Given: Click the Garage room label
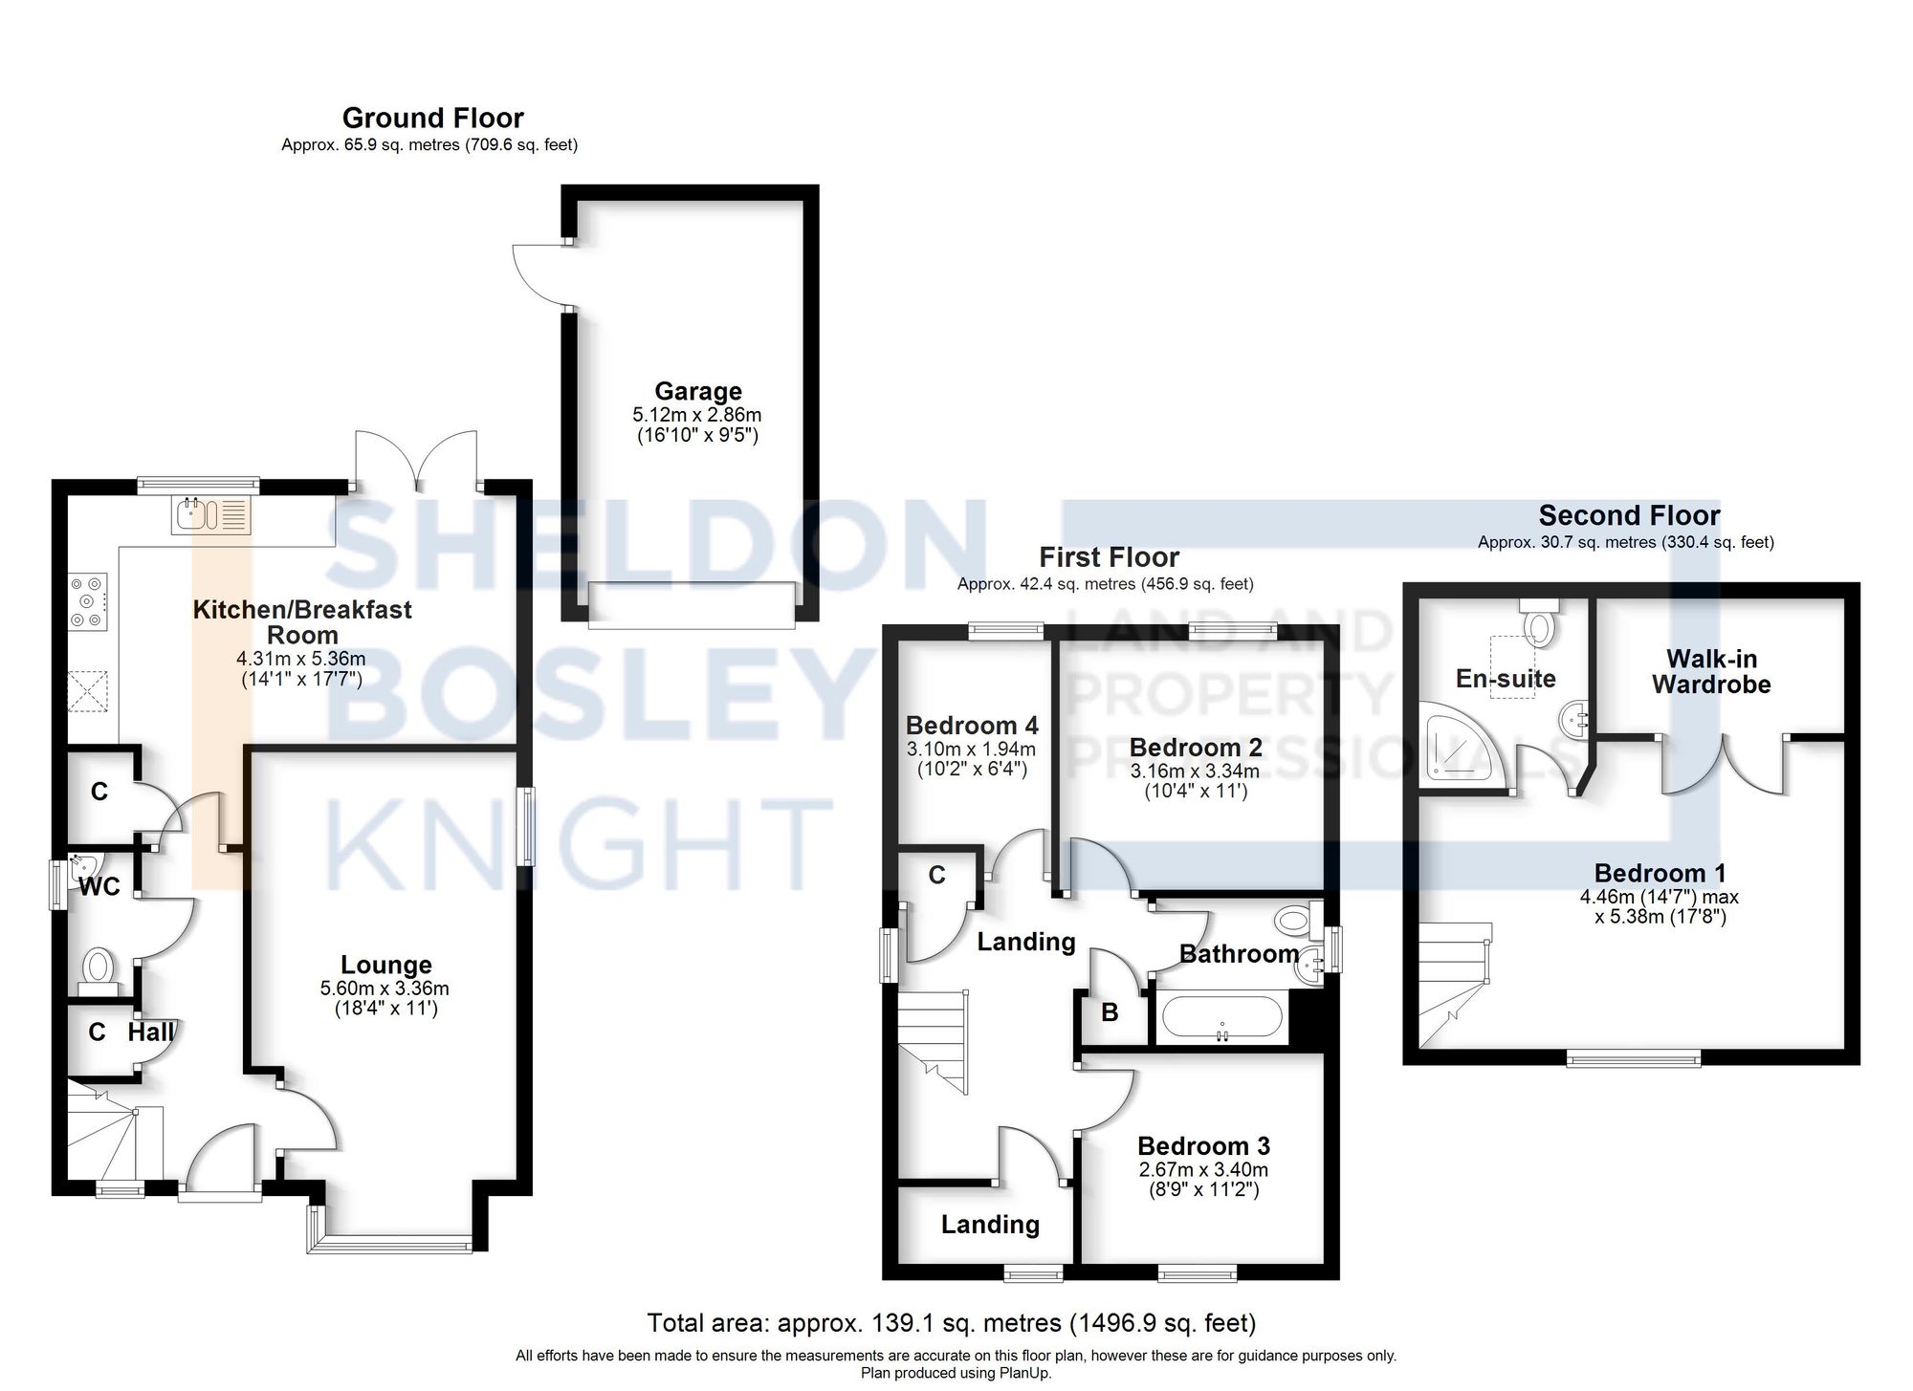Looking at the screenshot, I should click(697, 391).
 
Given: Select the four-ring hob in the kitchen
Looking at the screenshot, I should click(87, 601).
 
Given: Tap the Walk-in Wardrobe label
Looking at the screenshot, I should click(1711, 671).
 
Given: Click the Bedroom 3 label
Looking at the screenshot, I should click(1203, 1145).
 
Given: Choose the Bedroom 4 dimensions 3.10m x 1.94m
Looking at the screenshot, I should click(971, 750).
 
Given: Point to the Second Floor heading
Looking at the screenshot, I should click(1629, 516).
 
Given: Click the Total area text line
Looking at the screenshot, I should click(951, 1323).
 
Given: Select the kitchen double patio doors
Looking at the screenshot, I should click(416, 459).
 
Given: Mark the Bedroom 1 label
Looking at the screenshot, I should click(1660, 873).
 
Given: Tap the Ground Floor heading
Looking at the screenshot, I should click(432, 119).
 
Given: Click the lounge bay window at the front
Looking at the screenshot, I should click(392, 1243).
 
